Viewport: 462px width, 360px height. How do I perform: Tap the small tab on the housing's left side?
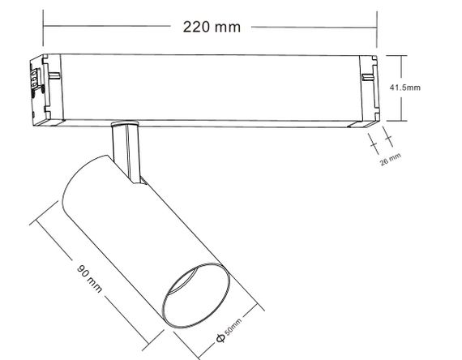58,77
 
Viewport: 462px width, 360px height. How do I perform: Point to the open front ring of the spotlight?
197,295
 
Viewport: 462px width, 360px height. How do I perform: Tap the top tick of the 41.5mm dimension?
401,55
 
